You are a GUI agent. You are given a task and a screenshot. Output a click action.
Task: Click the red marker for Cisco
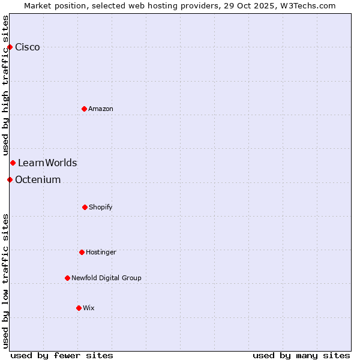[x=10, y=47]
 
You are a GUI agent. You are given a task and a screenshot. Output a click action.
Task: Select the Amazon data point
[x=84, y=109]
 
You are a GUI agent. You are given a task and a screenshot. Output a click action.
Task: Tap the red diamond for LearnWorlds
[x=13, y=163]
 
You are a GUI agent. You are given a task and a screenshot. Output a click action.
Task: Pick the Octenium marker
[x=10, y=179]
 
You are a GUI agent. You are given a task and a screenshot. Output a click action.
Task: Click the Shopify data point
[x=85, y=207]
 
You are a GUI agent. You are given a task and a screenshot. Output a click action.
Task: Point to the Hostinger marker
[x=82, y=252]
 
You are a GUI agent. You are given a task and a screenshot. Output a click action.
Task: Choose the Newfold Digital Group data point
[x=67, y=278]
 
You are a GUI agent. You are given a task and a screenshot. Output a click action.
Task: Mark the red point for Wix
[x=79, y=308]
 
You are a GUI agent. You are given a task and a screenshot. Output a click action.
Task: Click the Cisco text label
[x=28, y=47]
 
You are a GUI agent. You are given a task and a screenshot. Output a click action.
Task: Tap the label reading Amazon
[x=101, y=109]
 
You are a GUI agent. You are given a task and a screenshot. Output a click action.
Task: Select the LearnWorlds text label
[x=47, y=163]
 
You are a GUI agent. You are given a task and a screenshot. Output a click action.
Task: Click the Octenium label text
[x=38, y=179]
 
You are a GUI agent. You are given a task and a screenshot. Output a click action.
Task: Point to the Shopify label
[x=101, y=207]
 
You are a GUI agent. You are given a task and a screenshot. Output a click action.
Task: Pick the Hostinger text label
[x=101, y=252]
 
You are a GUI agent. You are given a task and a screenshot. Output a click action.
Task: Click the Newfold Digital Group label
[x=106, y=278]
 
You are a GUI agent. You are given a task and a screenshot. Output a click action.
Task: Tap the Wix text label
[x=89, y=308]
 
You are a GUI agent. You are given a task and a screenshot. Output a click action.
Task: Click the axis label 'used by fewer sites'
[x=62, y=355]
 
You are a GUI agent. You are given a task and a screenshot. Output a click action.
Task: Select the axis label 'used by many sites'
[x=301, y=355]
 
